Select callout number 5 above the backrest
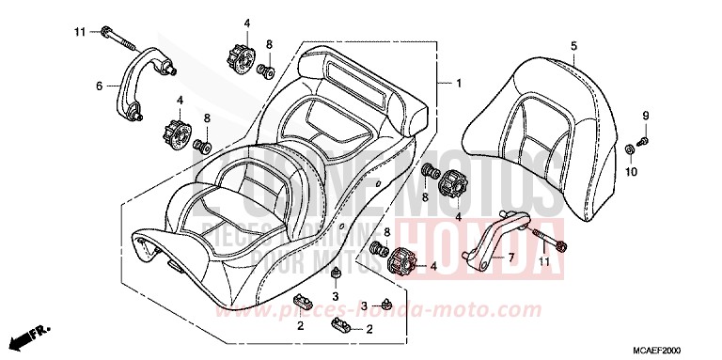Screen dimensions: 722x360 pyautogui.click(x=573, y=44)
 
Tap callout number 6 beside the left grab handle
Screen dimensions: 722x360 pyautogui.click(x=99, y=86)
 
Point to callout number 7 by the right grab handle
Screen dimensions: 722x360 pyautogui.click(x=511, y=257)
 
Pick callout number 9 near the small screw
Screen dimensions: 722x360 pyautogui.click(x=647, y=115)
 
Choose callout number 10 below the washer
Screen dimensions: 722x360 pyautogui.click(x=631, y=171)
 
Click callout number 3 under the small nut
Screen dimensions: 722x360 pyautogui.click(x=336, y=297)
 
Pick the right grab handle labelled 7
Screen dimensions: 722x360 pyautogui.click(x=495, y=242)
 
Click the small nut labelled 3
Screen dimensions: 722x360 pyautogui.click(x=337, y=274)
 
